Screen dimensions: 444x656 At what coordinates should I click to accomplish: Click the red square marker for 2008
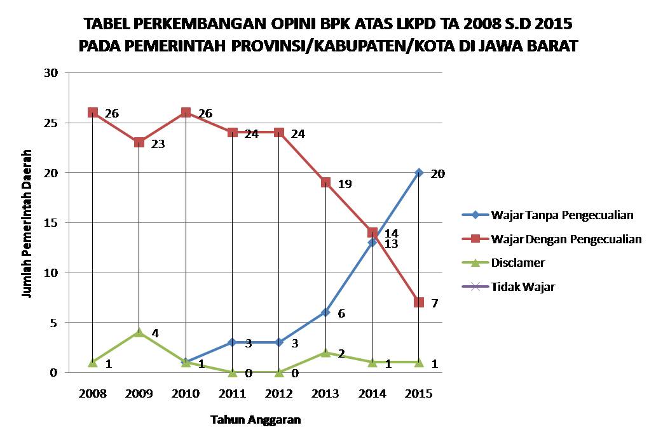[x=93, y=112]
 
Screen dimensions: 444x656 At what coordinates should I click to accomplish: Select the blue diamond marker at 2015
[x=418, y=172]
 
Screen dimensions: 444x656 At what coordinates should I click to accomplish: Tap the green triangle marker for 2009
[x=139, y=332]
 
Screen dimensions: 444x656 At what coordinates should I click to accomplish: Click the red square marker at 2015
[x=418, y=302]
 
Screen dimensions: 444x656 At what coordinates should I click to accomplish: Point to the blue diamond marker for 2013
[x=325, y=313]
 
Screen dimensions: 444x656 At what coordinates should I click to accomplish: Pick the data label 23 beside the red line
[x=158, y=144]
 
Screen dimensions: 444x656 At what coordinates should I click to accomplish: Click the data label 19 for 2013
[x=345, y=184]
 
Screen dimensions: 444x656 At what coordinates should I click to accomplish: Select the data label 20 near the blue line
[x=437, y=173]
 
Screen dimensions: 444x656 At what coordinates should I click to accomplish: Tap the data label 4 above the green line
[x=154, y=333]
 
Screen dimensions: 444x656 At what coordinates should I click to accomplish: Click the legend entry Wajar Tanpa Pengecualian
[x=562, y=215]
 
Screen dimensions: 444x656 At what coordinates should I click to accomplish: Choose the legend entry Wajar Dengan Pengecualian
[x=566, y=239]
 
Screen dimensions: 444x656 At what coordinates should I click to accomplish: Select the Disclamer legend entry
[x=517, y=262]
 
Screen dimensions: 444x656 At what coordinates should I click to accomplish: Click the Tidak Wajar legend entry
[x=523, y=286]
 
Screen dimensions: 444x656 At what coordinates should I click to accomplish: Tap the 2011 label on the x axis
[x=232, y=394]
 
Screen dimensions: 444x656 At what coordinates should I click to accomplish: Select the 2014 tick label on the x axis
[x=372, y=394]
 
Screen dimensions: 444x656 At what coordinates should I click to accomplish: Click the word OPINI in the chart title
[x=294, y=25]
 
